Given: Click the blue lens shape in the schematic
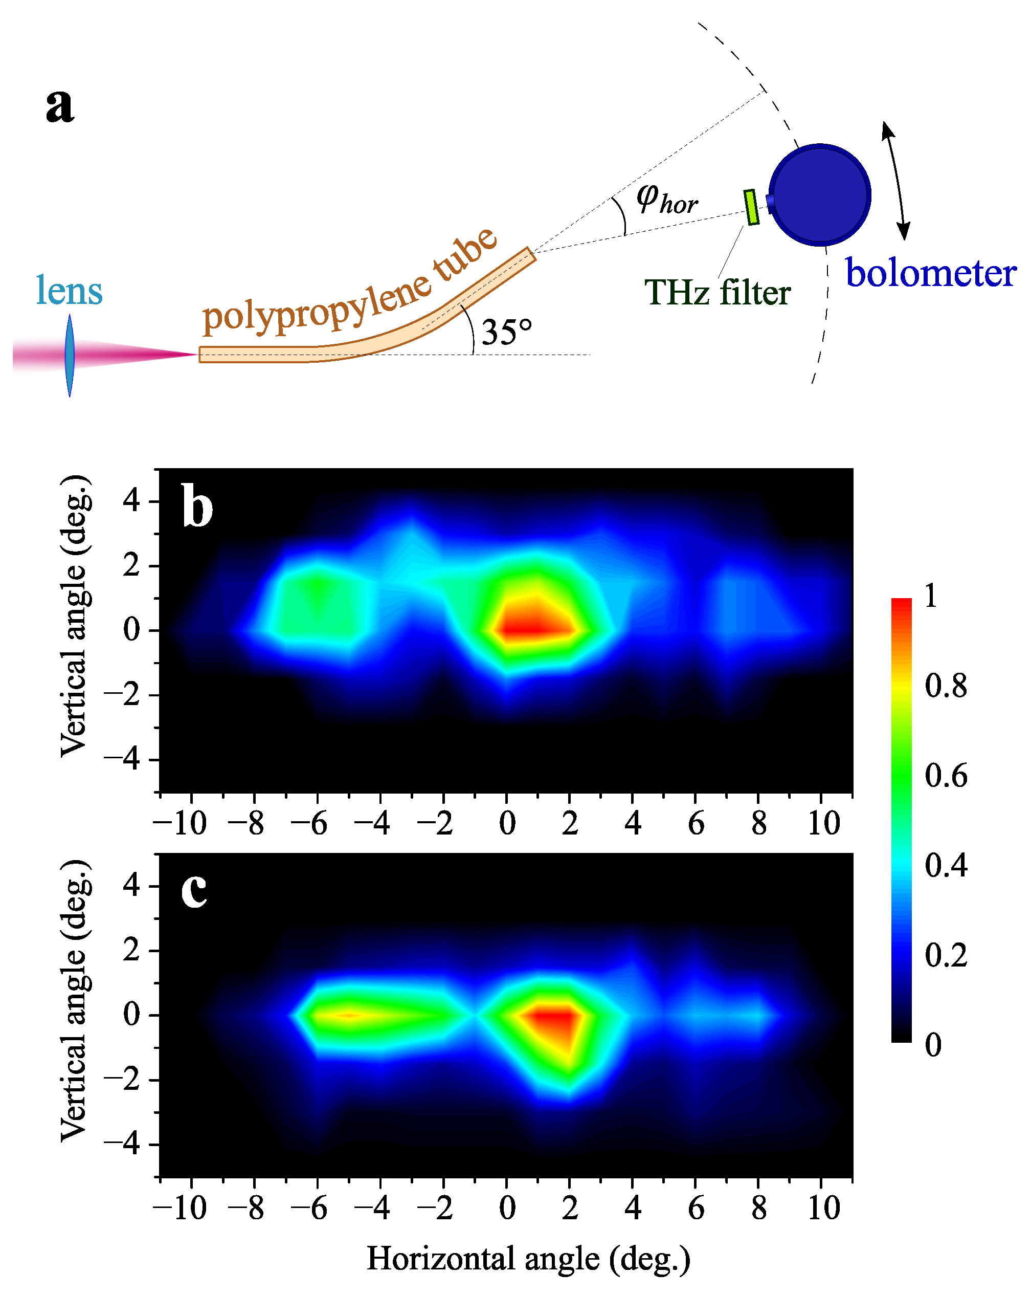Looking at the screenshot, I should tap(70, 355).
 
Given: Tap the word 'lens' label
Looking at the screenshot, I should tap(69, 291).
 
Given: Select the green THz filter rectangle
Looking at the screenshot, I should tap(751, 207).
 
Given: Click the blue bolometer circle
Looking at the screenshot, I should tap(820, 194).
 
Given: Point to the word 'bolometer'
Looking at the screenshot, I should tap(930, 273).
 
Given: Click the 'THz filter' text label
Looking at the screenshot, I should tap(717, 293).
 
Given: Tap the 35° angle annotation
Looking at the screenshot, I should tap(506, 332).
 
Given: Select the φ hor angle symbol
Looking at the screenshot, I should tap(666, 198).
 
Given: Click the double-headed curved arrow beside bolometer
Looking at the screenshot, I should tap(895, 180).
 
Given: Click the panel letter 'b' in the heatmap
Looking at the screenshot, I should tap(197, 508).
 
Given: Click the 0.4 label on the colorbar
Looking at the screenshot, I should tap(946, 866).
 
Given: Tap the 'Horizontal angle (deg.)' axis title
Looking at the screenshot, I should tap(528, 1258).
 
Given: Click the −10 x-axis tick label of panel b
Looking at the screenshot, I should tap(180, 823).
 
